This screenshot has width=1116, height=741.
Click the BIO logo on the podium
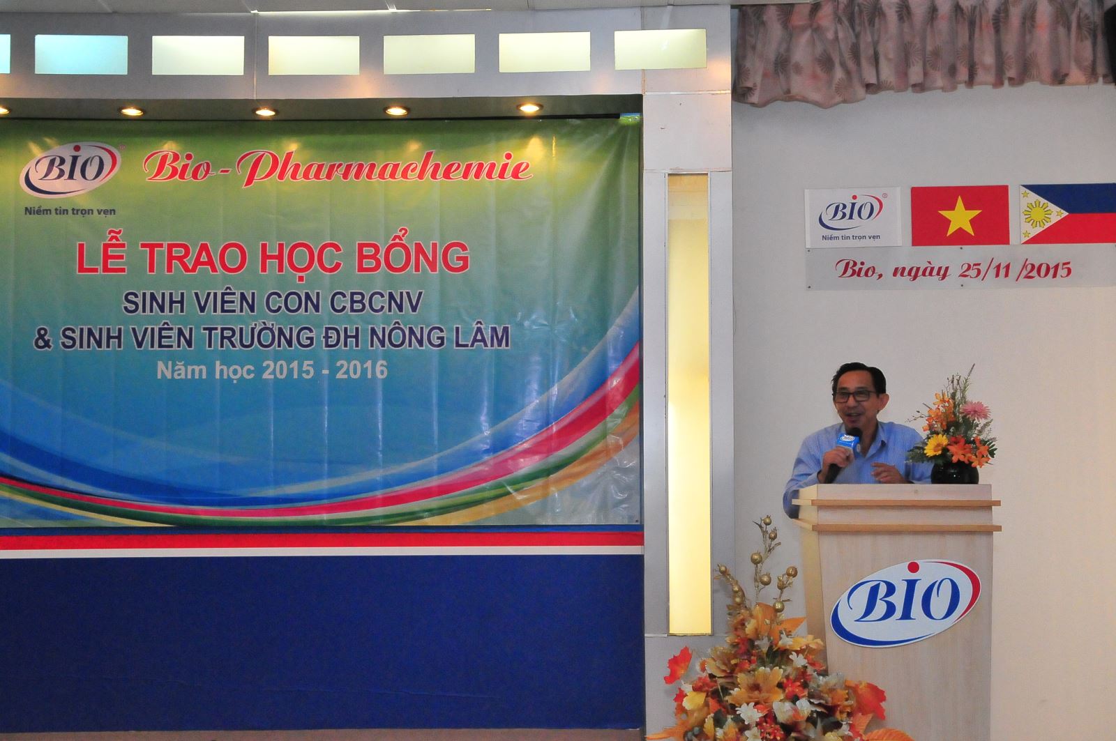click(x=905, y=603)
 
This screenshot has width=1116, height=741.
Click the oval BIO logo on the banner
click(x=70, y=167)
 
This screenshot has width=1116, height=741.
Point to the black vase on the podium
click(x=954, y=472)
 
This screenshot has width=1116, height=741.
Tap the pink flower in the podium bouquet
click(x=975, y=409)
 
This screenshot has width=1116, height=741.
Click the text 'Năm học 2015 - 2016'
click(x=272, y=369)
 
